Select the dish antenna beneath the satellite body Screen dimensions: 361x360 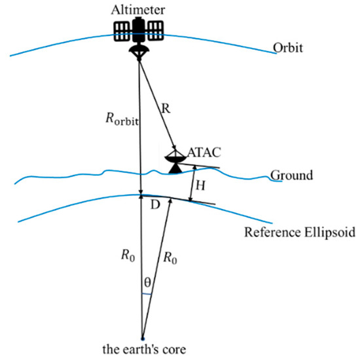click(138, 50)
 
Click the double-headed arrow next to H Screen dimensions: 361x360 click(190, 183)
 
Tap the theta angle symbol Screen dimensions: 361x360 click(148, 282)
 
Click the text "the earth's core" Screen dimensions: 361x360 click(141, 349)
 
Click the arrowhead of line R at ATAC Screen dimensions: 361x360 click(173, 149)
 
